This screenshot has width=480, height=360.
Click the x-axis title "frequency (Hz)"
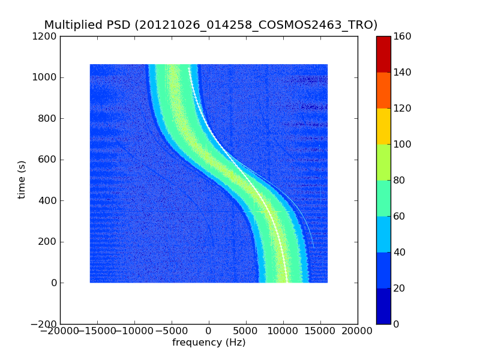coord(209,343)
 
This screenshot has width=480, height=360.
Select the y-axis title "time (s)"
coord(22,179)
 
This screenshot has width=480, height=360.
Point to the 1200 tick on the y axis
coord(46,37)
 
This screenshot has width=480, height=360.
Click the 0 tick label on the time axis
coord(53,283)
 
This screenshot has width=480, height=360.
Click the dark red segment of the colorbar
coord(383,54)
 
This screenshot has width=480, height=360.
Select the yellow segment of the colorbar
coord(383,126)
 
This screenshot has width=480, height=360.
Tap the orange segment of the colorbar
coord(383,90)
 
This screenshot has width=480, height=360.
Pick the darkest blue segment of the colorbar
coord(383,306)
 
